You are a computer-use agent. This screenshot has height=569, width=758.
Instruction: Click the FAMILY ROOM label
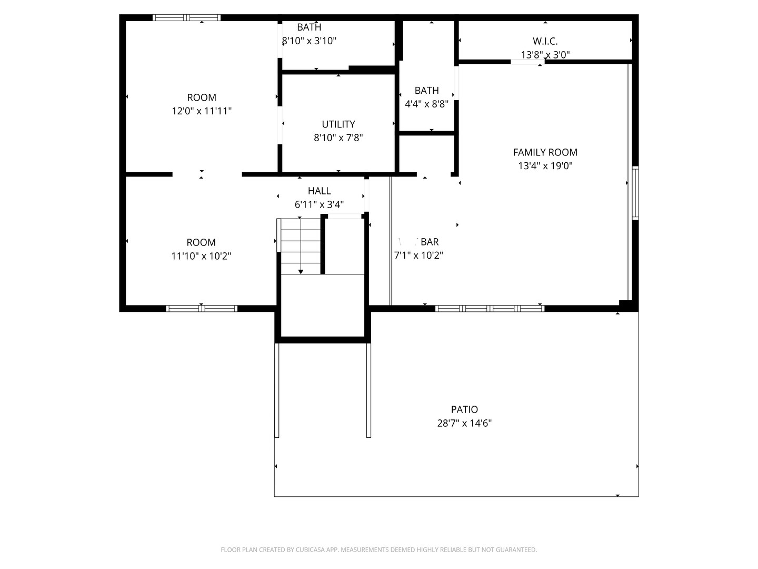tap(545, 152)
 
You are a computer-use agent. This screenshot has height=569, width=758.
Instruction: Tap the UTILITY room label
tap(338, 124)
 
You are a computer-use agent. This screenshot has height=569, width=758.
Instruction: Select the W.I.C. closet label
tap(545, 41)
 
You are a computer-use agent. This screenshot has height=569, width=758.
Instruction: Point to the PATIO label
tap(464, 409)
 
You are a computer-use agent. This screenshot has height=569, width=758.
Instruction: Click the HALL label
tap(319, 191)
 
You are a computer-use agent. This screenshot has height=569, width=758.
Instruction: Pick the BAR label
tap(430, 242)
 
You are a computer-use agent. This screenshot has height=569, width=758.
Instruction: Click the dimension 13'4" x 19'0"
tap(545, 166)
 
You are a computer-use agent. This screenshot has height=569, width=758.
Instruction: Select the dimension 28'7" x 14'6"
tap(464, 423)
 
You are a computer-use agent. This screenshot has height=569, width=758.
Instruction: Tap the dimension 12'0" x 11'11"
tap(202, 111)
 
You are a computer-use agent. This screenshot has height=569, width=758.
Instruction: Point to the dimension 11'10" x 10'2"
tap(201, 257)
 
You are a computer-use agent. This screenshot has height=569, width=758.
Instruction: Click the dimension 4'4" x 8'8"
tap(426, 104)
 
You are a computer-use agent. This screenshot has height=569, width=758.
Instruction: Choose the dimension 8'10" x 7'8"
tap(338, 138)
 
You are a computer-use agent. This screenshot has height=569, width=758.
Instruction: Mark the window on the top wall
tap(186, 18)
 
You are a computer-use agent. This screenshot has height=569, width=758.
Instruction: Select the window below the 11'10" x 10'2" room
tap(202, 309)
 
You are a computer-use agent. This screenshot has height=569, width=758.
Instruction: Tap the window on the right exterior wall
tap(635, 193)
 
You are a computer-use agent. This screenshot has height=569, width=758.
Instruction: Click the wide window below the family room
tap(490, 309)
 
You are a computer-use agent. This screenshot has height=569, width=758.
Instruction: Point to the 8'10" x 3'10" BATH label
tap(309, 27)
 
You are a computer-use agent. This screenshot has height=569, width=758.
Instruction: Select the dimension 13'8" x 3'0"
tap(545, 55)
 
